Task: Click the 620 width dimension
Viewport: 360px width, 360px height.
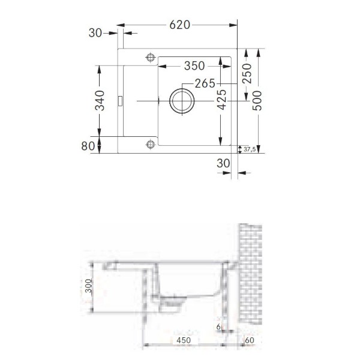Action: point(180,25)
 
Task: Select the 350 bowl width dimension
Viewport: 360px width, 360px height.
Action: point(194,66)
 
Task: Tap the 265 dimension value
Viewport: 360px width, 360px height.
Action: point(205,83)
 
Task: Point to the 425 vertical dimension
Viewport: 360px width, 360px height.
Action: point(222,100)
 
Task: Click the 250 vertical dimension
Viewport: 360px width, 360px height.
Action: point(247,73)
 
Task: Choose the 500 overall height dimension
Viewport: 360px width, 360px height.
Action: point(257,101)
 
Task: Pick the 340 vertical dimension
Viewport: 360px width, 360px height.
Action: point(100,101)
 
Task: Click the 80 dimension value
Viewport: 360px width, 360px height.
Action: point(88,146)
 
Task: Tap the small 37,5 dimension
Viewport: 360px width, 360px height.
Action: point(250,149)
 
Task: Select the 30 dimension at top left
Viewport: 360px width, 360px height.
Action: point(95,33)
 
